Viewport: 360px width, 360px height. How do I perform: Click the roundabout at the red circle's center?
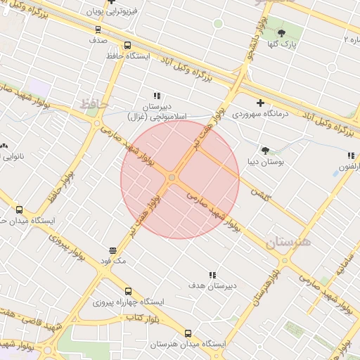(x=172, y=179)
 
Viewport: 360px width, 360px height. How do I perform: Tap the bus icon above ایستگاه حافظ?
(x=127, y=45)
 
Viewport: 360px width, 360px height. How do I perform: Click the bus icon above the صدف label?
(x=97, y=30)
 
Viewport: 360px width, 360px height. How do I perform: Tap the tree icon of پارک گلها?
(x=282, y=33)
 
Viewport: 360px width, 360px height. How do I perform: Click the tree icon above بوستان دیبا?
(x=265, y=150)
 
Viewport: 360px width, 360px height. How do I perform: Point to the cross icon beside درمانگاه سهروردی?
(x=260, y=103)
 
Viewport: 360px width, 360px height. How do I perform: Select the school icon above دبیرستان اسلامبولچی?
(x=157, y=96)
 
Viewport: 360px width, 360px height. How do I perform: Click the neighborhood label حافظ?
(x=92, y=104)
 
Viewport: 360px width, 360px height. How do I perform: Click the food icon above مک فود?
(x=112, y=250)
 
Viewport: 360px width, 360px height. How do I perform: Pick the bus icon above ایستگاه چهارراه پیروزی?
(x=127, y=291)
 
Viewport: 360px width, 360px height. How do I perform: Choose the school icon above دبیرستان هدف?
(x=212, y=275)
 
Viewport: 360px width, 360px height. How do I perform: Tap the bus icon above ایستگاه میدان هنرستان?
(x=187, y=333)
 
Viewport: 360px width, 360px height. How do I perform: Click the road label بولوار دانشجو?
(x=250, y=56)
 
